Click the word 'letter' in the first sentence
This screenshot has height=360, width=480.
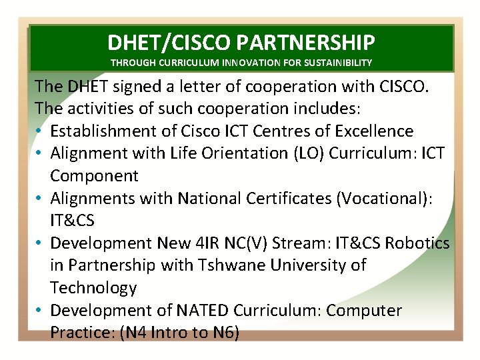[x=202, y=86]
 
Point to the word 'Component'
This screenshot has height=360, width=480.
[x=94, y=176]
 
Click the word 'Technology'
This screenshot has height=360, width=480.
[x=93, y=288]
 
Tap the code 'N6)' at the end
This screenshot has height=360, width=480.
[x=223, y=333]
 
